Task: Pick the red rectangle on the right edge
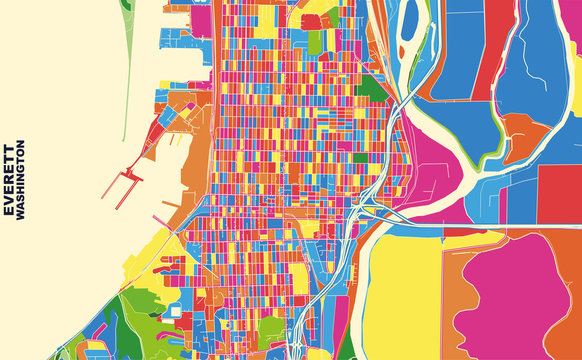pos(560,195)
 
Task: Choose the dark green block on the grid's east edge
pos(372,87)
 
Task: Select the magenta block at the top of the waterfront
pos(201,20)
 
